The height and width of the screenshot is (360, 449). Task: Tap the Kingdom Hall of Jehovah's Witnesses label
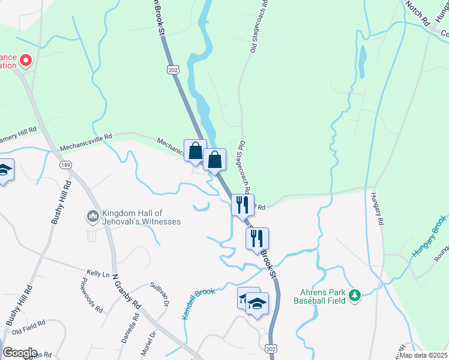141,217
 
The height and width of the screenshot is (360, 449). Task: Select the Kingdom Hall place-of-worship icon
92,216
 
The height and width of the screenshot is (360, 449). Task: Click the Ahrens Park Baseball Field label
320,296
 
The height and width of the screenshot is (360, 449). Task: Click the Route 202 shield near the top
173,71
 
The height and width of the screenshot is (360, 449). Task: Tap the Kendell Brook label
198,303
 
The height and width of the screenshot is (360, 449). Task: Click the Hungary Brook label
429,238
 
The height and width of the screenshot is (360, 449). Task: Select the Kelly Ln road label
97,274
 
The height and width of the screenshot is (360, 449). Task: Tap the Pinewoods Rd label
91,295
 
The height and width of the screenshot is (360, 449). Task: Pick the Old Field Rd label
29,325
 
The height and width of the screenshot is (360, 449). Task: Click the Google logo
19,353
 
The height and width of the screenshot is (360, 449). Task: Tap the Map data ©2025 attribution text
423,355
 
